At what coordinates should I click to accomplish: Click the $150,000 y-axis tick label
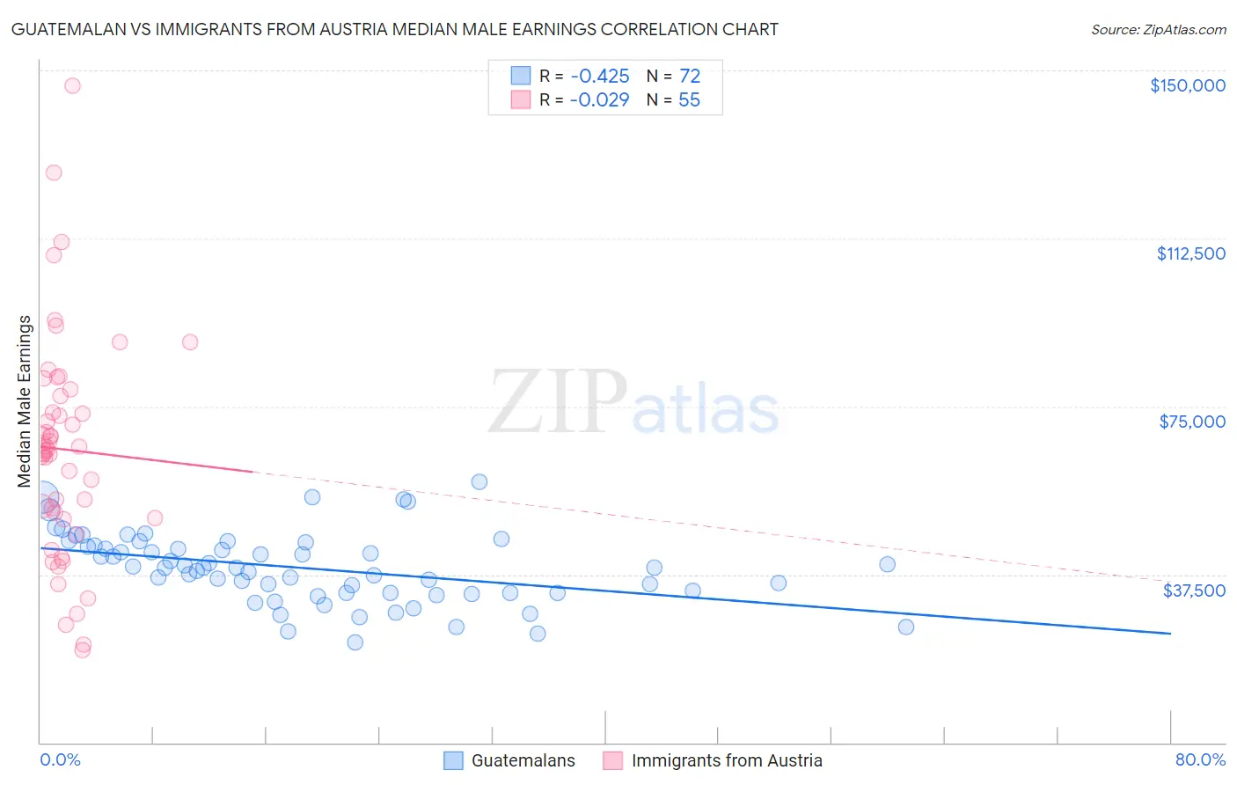point(1187,85)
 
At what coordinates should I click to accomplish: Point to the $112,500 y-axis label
point(1190,253)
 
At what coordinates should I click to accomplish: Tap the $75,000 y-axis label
point(1192,422)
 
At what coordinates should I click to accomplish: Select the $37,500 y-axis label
point(1194,591)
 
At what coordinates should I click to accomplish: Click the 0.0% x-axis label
point(60,760)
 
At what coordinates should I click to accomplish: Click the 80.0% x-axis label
point(1200,760)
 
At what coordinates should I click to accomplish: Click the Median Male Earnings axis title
point(25,400)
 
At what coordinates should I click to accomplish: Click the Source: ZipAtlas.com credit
point(1158,30)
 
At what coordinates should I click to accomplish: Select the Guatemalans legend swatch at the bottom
point(453,760)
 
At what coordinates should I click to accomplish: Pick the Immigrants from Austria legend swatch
point(612,760)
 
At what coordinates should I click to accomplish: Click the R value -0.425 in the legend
point(599,77)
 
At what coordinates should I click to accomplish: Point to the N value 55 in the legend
point(689,100)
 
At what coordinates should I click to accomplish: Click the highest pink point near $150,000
point(72,85)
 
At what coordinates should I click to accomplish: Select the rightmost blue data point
point(905,627)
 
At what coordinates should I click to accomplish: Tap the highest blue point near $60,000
point(479,481)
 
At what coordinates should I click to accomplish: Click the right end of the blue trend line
point(1170,634)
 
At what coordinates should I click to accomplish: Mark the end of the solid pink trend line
point(253,472)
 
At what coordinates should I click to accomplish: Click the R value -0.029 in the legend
point(599,100)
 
